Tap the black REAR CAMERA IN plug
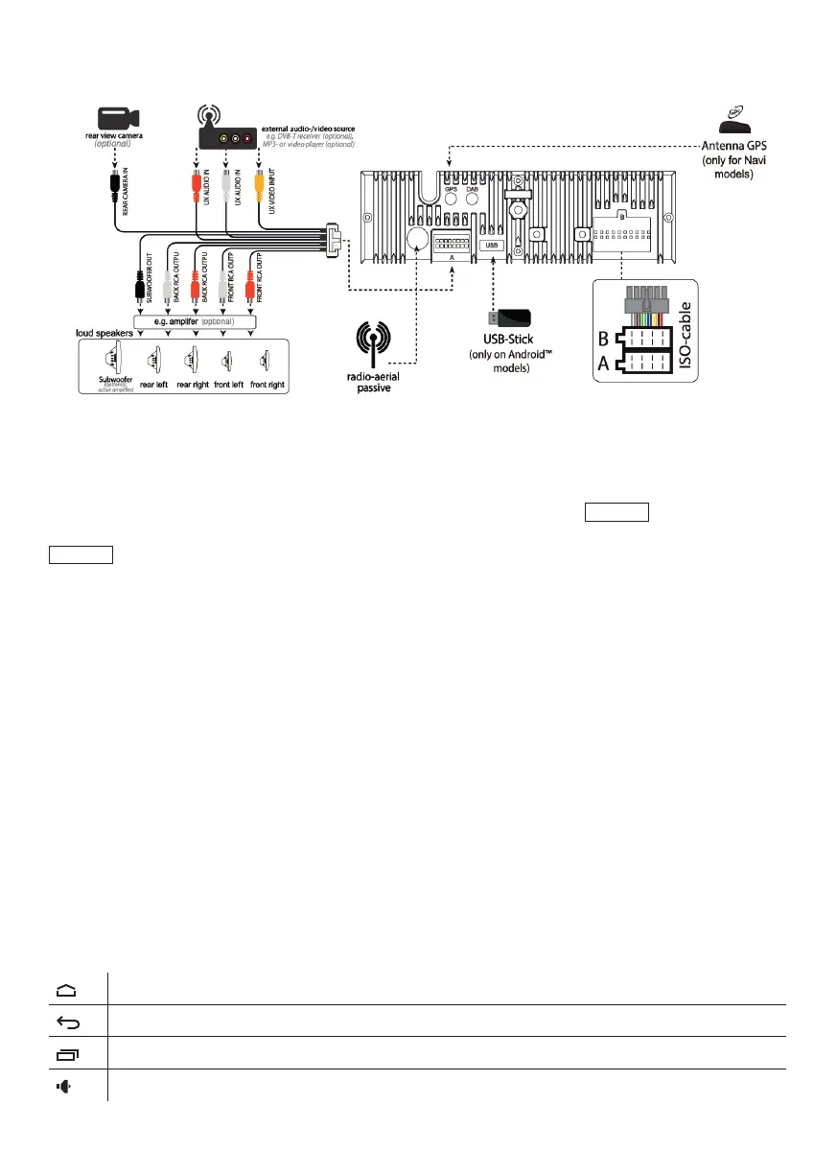tap(115, 180)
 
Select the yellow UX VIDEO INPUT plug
tap(258, 180)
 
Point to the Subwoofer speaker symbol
tap(111, 359)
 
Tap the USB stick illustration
tap(511, 319)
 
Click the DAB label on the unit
tap(473, 190)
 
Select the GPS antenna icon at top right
tap(739, 122)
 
